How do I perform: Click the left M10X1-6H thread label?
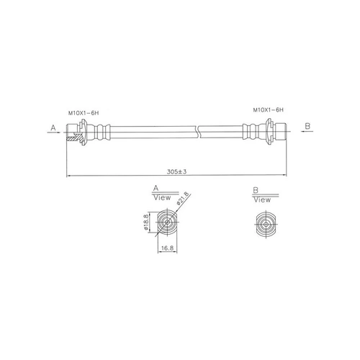click(84, 113)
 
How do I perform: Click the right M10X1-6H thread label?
click(269, 110)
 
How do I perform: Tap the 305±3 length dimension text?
click(177, 171)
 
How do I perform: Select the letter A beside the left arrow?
click(53, 127)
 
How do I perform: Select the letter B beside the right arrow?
click(307, 126)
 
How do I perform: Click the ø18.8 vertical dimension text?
click(146, 222)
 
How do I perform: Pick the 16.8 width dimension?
click(167, 248)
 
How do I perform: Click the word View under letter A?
click(162, 198)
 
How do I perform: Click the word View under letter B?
click(262, 199)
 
